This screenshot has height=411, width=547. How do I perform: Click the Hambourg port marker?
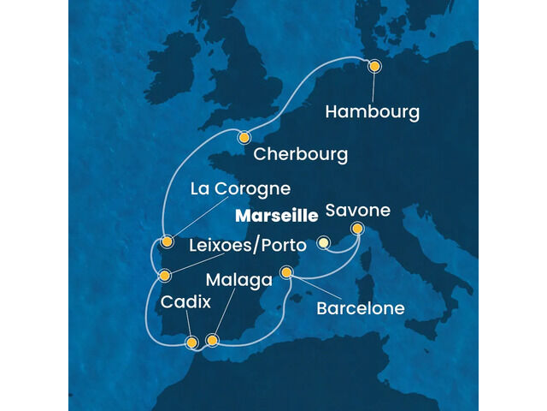(x=373, y=66)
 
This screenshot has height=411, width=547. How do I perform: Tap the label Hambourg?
(x=373, y=112)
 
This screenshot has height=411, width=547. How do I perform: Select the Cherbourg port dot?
(x=244, y=136)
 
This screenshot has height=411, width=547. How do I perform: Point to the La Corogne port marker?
(x=168, y=241)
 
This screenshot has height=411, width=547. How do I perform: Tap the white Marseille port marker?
(x=323, y=243)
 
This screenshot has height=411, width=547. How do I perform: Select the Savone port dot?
(x=356, y=229)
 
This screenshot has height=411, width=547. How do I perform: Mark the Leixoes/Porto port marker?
(x=164, y=276)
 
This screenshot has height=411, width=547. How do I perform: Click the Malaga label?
(x=239, y=280)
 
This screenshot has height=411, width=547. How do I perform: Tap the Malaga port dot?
(x=213, y=340)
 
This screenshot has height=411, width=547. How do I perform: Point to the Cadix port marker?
(x=191, y=342)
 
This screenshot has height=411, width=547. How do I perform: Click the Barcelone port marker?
(x=287, y=273)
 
